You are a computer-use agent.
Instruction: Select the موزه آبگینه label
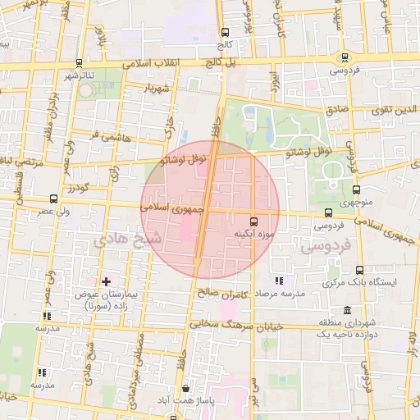252,234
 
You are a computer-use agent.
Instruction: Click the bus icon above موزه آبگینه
253,221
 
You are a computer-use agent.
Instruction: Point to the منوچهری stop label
354,203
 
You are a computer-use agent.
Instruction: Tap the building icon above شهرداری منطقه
348,311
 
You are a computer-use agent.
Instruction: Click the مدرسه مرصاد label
280,294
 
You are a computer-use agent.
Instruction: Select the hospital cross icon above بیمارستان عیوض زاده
105,281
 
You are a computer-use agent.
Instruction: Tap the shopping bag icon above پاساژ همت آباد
186,388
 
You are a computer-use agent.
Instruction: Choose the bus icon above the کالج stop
225,33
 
